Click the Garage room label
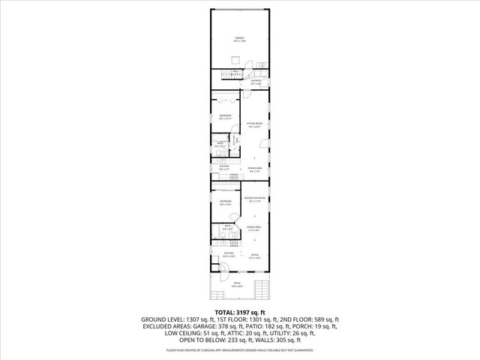pyautogui.click(x=239, y=40)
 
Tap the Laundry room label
pyautogui.click(x=256, y=82)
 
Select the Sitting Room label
pyautogui.click(x=255, y=125)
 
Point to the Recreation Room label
pyautogui.click(x=255, y=199)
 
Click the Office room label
pyautogui.click(x=254, y=257)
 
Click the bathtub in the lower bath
pyautogui.click(x=217, y=240)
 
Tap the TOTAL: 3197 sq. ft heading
pyautogui.click(x=239, y=311)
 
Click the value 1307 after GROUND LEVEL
pyautogui.click(x=200, y=319)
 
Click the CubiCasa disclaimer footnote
pyautogui.click(x=240, y=349)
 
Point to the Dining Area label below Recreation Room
pyautogui.click(x=255, y=227)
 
